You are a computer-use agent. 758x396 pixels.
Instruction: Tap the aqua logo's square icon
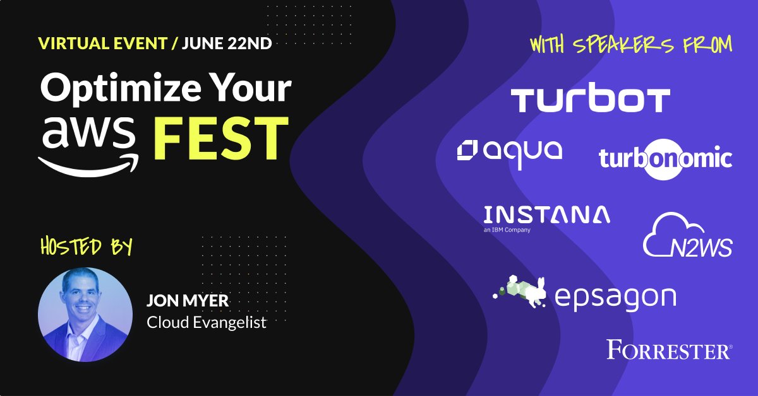pos(467,151)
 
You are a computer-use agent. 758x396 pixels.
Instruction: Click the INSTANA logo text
pos(546,215)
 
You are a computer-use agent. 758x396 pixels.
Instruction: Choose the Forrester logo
pos(669,349)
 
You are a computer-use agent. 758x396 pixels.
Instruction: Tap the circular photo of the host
pos(85,314)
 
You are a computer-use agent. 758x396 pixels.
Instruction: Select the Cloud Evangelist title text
pos(207,323)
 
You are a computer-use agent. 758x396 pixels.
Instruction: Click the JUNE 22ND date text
pos(226,45)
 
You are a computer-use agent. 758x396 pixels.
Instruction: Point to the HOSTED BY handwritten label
pos(86,246)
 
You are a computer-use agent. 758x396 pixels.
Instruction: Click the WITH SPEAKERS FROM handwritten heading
pos(631,45)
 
